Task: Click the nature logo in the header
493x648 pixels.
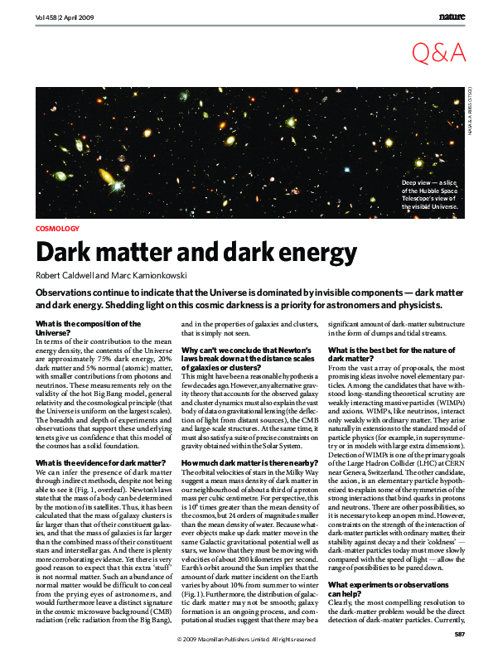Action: pos(452,16)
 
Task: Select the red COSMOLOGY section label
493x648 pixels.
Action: pos(58,228)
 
